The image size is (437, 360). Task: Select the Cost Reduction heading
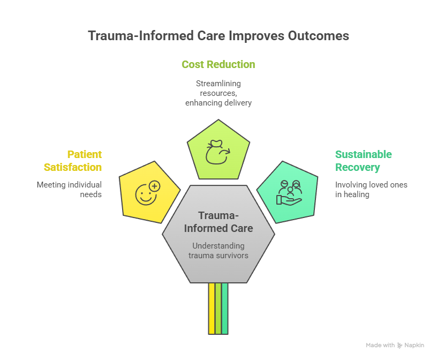click(x=218, y=64)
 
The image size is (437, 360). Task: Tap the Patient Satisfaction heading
click(x=73, y=161)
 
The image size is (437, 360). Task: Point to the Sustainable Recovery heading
click(x=364, y=161)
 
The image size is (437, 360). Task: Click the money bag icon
click(x=218, y=151)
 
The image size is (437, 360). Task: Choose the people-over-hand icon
click(x=289, y=193)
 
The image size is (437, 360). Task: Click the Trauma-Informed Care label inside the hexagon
click(x=218, y=222)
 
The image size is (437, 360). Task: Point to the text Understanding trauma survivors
click(x=218, y=250)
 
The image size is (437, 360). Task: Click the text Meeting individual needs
click(x=69, y=189)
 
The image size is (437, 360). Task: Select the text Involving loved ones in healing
click(x=371, y=189)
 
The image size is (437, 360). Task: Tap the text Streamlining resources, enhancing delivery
click(x=218, y=93)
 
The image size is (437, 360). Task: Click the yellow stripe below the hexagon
click(x=212, y=309)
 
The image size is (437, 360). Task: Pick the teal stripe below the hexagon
click(x=225, y=309)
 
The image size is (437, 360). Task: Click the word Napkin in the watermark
click(x=415, y=346)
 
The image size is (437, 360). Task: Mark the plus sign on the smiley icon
click(x=154, y=186)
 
